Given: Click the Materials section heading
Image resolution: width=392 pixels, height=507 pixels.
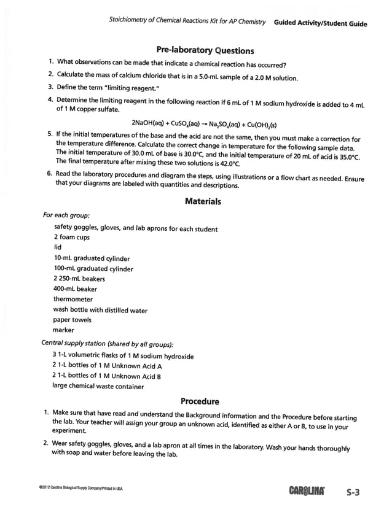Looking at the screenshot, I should pos(203,201).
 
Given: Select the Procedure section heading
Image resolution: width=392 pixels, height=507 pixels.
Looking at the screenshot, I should pos(200,401).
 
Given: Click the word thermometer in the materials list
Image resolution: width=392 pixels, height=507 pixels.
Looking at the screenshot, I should pos(73,299).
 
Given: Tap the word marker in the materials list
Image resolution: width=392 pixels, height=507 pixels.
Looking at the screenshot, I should pos(64,330).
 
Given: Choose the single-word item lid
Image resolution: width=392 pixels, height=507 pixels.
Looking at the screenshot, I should pos(58,247).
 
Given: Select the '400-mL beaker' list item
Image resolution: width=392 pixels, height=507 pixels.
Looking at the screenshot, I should pos(75,288).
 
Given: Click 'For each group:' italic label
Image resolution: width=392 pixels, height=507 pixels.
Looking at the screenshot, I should pos(66,215).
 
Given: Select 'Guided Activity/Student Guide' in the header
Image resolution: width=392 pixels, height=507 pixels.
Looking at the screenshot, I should pos(321,24).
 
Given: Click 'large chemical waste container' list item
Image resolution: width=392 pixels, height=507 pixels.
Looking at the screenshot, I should pos(98,386).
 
